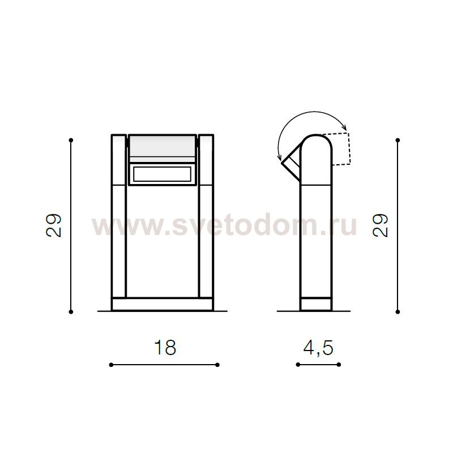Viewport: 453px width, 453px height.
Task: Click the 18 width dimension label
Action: tap(165, 347)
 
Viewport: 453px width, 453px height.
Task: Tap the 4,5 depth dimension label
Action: tap(318, 348)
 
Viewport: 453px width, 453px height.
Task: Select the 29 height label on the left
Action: tap(54, 225)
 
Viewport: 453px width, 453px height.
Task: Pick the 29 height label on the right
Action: tap(380, 225)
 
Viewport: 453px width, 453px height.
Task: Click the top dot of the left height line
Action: tap(71, 140)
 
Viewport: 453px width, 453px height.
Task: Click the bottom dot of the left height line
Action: tap(71, 312)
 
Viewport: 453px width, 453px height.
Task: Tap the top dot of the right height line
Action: tap(398, 140)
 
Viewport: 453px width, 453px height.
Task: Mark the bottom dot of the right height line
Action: tap(398, 312)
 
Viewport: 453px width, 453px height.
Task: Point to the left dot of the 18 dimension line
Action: tap(111, 365)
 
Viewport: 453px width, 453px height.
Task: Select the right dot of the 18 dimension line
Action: tap(217, 365)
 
